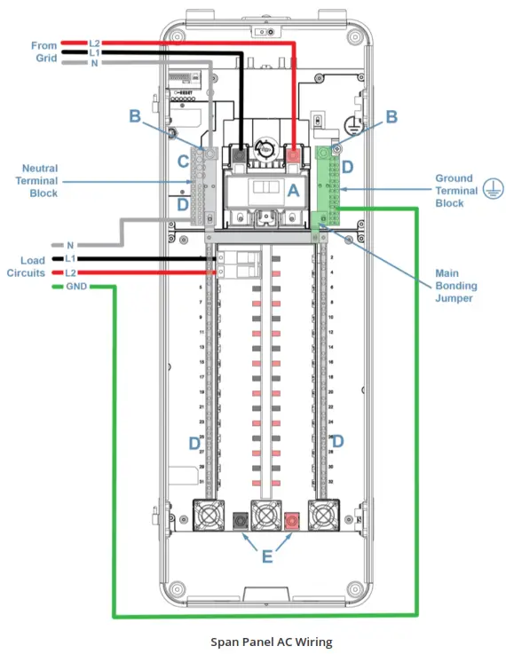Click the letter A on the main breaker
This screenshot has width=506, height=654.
[x=292, y=189]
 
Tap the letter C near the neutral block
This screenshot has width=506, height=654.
[x=183, y=162]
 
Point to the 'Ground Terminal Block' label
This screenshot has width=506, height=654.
[x=454, y=190]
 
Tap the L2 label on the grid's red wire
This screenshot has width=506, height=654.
[x=95, y=43]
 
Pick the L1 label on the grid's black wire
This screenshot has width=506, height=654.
[x=95, y=53]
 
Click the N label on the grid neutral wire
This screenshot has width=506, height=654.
[x=95, y=64]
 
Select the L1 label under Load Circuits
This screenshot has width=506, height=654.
[x=71, y=259]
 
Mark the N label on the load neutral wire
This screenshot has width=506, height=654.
[x=71, y=244]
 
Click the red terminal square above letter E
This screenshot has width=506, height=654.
[x=289, y=518]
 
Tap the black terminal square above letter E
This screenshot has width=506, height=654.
[x=239, y=518]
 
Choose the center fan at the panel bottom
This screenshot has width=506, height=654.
[x=265, y=516]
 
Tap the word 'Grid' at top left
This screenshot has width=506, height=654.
[x=46, y=59]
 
